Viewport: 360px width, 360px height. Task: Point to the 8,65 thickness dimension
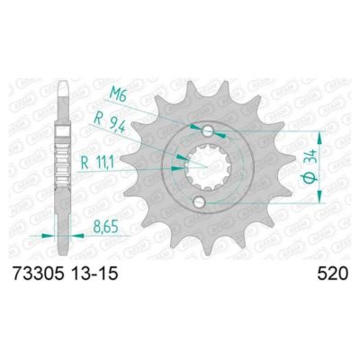[x=103, y=229]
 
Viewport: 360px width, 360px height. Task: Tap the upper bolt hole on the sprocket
[x=208, y=130]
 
